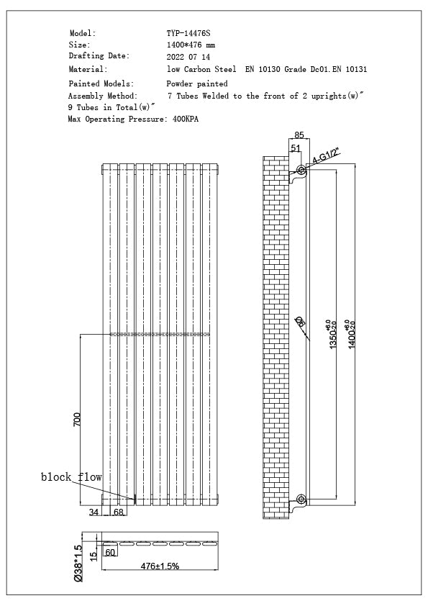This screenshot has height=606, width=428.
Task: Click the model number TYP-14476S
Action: tap(188, 33)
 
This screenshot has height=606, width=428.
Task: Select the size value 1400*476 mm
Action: tap(191, 45)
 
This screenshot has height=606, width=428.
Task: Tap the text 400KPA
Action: tap(186, 119)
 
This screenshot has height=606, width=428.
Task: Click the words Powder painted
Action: tap(196, 83)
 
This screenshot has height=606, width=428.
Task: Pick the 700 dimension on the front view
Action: tap(78, 420)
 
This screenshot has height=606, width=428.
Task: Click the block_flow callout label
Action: tap(71, 477)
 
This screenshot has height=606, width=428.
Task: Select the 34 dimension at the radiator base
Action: tap(94, 512)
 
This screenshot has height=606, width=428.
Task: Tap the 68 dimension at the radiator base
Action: tap(119, 512)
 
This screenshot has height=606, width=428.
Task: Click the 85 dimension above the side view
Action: tap(299, 134)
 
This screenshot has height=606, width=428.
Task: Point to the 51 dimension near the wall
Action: tap(295, 148)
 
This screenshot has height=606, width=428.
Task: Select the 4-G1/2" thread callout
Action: tap(325, 156)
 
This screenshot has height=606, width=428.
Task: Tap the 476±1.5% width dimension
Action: tap(160, 566)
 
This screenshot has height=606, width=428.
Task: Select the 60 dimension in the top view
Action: tap(111, 553)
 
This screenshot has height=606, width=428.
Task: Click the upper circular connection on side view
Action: tap(301, 171)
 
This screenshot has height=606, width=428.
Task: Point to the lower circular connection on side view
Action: tap(301, 499)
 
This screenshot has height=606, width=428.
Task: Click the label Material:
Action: tap(88, 70)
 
